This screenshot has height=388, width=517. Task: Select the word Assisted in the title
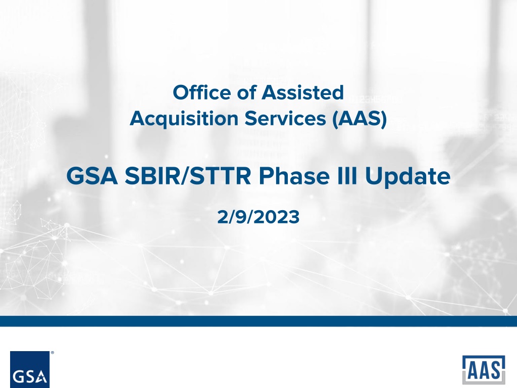(303, 92)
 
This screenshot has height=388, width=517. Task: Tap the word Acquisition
(184, 119)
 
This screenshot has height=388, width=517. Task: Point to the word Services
(285, 118)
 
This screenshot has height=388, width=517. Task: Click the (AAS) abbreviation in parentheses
(359, 119)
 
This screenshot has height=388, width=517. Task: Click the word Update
(407, 176)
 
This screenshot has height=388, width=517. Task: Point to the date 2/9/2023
(258, 217)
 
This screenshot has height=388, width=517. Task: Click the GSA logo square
(30, 369)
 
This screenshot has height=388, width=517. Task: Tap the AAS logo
(484, 369)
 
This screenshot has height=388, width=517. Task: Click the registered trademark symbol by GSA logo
(53, 353)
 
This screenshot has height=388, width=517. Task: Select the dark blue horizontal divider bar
(258, 321)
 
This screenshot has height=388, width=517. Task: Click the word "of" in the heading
(246, 92)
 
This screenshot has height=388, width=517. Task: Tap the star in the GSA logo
(41, 375)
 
